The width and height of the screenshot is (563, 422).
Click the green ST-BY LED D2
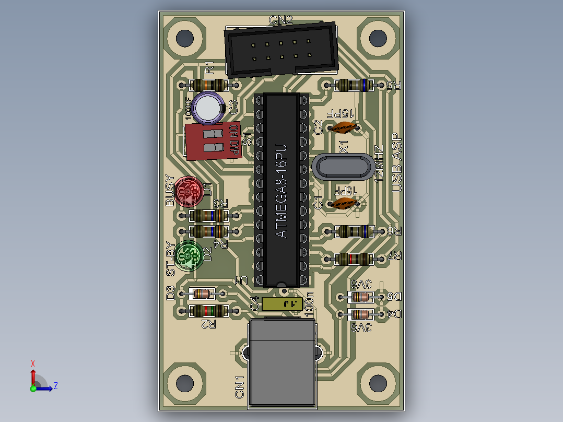[x=188, y=255]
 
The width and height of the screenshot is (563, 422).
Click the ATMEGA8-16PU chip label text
[x=281, y=191]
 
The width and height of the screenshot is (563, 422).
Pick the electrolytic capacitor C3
[x=208, y=107]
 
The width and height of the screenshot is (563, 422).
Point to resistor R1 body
[x=208, y=85]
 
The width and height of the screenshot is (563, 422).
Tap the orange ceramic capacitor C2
[x=344, y=126]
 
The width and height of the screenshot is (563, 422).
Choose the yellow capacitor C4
[x=282, y=303]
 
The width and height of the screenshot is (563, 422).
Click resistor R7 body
[x=353, y=258]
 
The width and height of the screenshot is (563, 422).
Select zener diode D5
[x=360, y=297]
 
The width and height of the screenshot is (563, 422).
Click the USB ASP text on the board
[x=396, y=162]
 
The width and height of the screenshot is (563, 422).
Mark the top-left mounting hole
[x=184, y=38]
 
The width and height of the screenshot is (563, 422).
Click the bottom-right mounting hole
[x=378, y=383]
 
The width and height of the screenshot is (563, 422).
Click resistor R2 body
[x=208, y=311]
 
